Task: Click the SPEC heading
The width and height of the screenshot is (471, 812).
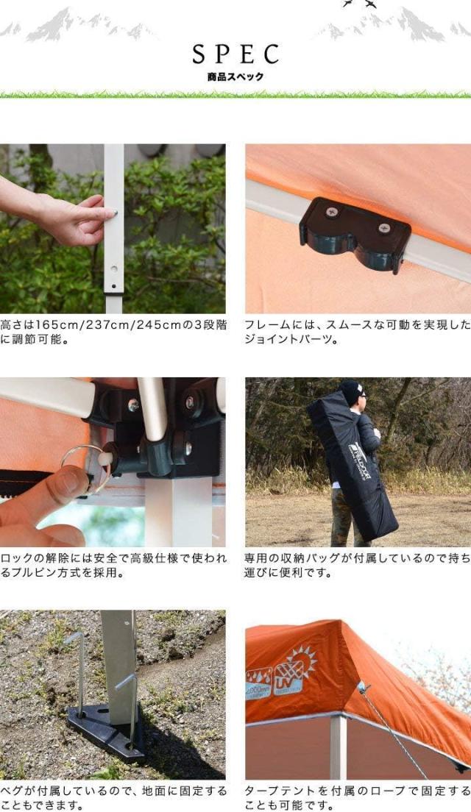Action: coord(235,54)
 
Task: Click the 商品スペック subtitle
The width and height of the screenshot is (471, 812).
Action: coord(235,76)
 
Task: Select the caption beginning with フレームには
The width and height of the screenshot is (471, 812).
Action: coord(357,332)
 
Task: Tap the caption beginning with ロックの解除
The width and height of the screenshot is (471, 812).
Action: coord(113,566)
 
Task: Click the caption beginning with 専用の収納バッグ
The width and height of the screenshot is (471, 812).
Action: coord(357,566)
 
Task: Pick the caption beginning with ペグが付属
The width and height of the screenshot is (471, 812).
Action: coord(113,798)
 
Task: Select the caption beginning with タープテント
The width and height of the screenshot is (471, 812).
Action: coord(357,798)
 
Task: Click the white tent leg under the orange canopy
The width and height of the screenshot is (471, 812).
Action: coord(337,747)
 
